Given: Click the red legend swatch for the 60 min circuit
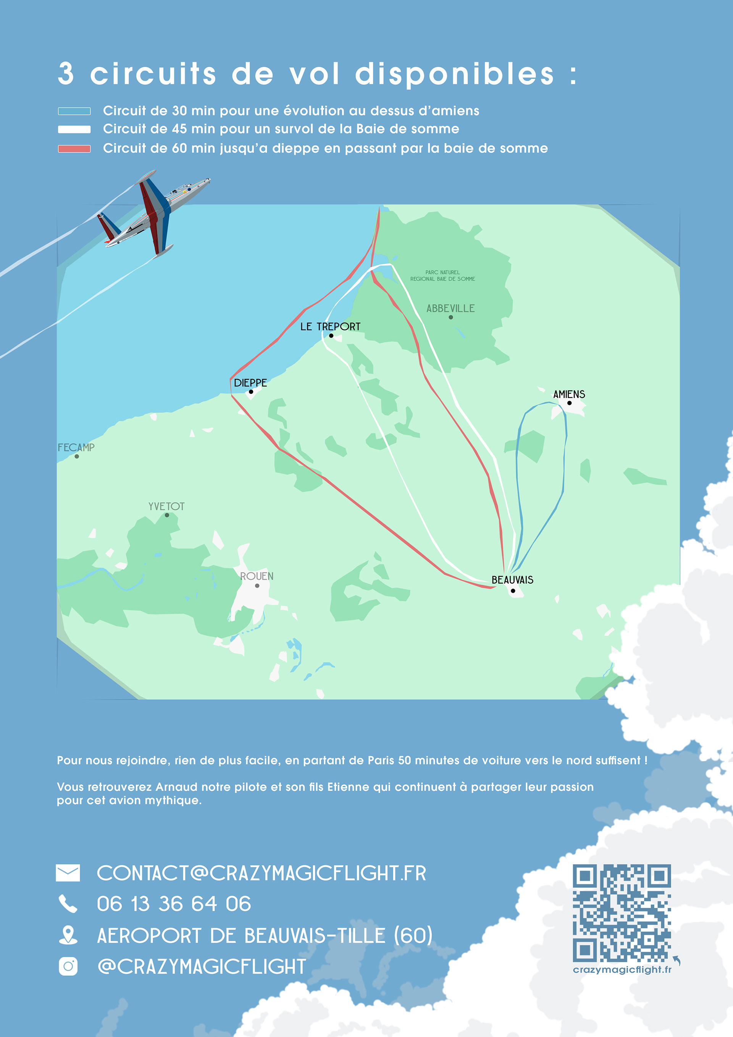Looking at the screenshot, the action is click(x=74, y=149).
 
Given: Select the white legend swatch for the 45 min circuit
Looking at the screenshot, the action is click(x=74, y=129).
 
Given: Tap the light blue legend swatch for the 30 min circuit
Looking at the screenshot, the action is click(x=74, y=111).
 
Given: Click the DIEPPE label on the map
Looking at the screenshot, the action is click(x=250, y=383).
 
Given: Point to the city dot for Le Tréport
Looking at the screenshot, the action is click(x=331, y=336).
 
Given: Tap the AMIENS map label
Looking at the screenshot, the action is click(x=569, y=394).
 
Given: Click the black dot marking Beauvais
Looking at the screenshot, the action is click(x=513, y=591).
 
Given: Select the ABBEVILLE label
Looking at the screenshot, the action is click(x=450, y=309).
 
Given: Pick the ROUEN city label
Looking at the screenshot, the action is click(x=257, y=576).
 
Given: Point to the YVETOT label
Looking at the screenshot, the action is click(x=166, y=506).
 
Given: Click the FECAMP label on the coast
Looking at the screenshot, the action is click(x=76, y=448).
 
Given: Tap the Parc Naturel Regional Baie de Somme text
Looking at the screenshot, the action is click(x=442, y=275).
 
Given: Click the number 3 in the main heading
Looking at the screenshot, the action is click(x=66, y=74).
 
